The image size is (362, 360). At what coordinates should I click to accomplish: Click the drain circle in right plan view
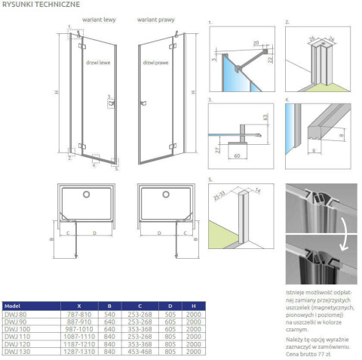click(165, 195)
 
